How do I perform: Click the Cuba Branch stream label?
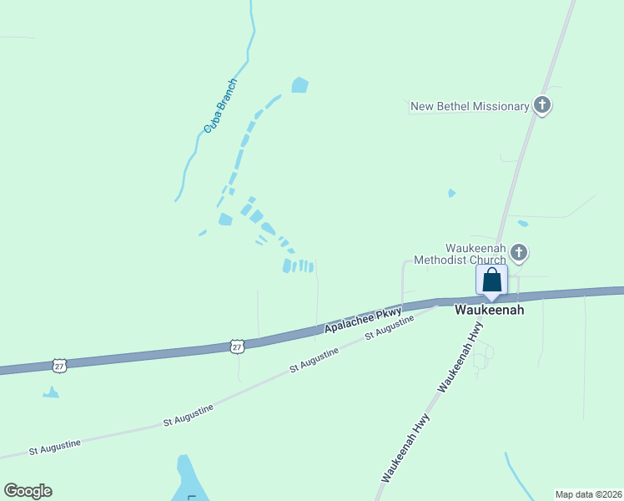pos(221,107)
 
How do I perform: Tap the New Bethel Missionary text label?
pos(470,106)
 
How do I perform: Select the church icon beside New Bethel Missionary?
pos(542,106)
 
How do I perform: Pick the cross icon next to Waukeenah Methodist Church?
pos(518,252)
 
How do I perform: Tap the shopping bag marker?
pos(491,280)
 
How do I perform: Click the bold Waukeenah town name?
pos(489,310)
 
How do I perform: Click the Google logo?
pos(28,491)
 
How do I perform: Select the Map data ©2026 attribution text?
pos(587,493)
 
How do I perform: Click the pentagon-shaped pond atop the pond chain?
pos(299,84)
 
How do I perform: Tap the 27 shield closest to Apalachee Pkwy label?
pos(237,346)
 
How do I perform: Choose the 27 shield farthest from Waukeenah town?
pos(58,365)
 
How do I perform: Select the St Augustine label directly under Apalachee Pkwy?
pos(389,326)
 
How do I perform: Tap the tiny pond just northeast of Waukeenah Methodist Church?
pos(523,224)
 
